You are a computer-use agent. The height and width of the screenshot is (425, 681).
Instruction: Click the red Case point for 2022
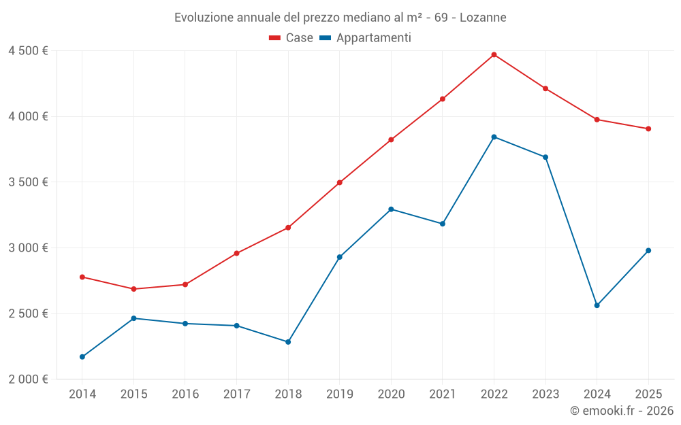494,54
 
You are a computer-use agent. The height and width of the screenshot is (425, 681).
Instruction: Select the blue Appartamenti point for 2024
597,305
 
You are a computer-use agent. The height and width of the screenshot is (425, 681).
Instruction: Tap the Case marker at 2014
82,277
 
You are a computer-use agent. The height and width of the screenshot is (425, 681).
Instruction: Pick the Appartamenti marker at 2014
82,357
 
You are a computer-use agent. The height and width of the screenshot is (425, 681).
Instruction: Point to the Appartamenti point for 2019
339,257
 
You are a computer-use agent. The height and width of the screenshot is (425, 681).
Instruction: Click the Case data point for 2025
648,129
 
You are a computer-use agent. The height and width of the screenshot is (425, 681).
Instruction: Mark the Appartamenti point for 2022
494,137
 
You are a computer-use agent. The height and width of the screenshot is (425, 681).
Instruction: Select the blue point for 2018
288,342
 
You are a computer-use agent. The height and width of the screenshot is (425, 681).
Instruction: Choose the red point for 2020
391,139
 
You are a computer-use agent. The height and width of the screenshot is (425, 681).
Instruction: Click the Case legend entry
291,38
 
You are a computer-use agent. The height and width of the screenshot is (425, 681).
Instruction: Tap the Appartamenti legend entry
366,38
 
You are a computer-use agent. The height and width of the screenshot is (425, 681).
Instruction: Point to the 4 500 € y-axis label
28,51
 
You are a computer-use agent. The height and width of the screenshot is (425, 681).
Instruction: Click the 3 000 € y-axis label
28,248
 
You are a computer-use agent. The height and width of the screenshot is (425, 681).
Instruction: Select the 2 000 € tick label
28,379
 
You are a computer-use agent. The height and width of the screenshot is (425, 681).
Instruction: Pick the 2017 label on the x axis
236,394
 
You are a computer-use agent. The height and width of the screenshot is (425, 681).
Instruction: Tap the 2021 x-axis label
442,394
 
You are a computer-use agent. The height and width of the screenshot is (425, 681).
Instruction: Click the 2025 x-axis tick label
648,394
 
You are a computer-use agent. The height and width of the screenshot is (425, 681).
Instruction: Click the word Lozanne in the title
483,17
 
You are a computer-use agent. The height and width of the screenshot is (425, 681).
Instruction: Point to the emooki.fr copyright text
621,411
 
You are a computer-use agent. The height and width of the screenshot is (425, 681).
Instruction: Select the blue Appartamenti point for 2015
133,318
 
